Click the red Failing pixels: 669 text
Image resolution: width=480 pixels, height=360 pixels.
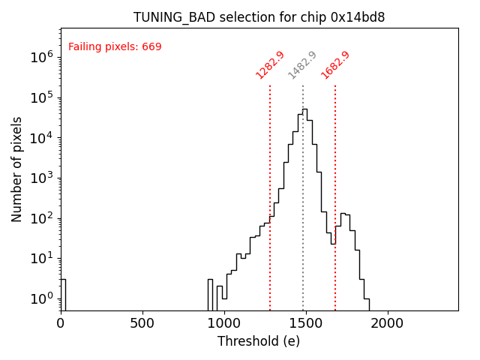[115, 47]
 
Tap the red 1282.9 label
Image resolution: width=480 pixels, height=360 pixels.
[270, 65]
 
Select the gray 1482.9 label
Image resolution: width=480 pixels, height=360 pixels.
[303, 65]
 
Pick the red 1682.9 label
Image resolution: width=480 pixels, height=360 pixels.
[335, 65]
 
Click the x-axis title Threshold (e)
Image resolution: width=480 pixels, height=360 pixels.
[259, 341]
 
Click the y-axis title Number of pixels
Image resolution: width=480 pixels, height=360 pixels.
[17, 169]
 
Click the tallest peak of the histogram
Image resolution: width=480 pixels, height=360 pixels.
[304, 110]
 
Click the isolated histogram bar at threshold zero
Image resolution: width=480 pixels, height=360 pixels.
[63, 292]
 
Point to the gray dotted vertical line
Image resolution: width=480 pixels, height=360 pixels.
[303, 187]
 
